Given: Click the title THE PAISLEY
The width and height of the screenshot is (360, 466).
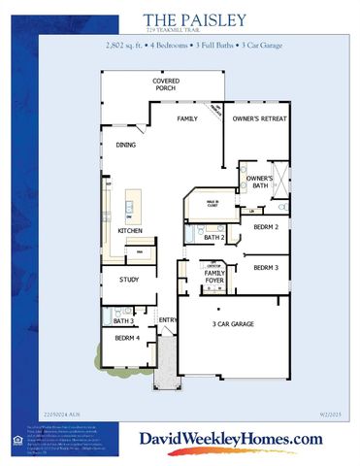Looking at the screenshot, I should point(194,19).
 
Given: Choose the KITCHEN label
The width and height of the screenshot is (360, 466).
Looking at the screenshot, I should point(130,230).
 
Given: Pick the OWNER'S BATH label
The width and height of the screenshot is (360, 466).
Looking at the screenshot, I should point(258,182).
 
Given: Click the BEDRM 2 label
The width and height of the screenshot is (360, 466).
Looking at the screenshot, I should point(265,226).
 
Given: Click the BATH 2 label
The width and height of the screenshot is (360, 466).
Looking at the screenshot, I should point(214,237).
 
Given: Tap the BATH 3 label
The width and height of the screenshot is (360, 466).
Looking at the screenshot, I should point(123,320).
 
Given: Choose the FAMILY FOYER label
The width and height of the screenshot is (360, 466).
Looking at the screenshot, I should point(214,279).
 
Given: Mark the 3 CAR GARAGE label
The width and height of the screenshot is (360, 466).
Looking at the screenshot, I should point(233,323).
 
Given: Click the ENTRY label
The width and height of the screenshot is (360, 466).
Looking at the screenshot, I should point(167,319).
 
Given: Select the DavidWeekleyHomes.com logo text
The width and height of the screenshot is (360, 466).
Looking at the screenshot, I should point(230,440).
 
